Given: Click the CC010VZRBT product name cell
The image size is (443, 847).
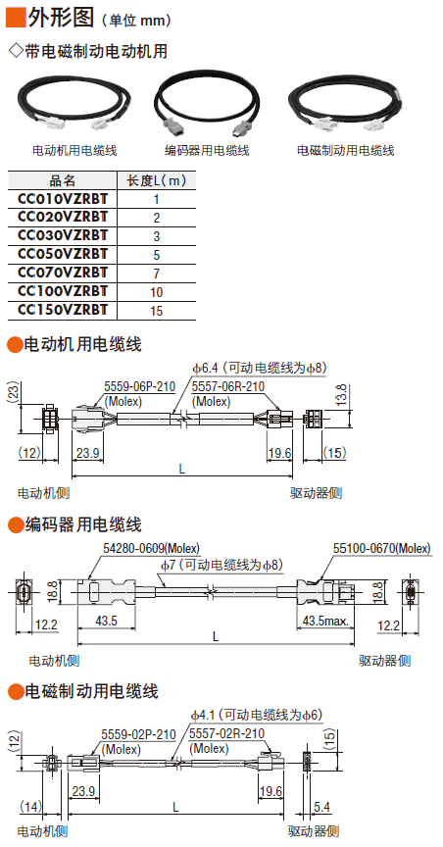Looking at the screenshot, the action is [63, 199].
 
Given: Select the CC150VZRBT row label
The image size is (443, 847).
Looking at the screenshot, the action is [63, 310].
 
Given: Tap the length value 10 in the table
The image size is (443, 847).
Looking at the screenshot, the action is [157, 292].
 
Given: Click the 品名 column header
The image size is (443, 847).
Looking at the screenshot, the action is [63, 180].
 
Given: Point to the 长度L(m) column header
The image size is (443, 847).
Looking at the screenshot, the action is [157, 180].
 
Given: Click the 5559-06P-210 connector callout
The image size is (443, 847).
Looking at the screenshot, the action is [139, 387].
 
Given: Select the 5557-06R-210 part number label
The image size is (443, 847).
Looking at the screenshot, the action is [228, 387].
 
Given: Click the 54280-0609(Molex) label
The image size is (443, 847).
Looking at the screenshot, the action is [151, 548].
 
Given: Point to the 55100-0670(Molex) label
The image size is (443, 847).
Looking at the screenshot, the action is [382, 548].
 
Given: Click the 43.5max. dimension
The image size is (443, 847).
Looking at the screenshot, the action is [325, 622].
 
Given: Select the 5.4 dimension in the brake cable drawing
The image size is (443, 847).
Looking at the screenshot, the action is [322, 807].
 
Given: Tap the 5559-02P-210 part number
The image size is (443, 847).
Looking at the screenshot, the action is [139, 735].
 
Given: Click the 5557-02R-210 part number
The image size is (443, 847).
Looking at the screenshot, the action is [227, 733].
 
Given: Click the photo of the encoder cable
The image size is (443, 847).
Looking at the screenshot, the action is [207, 107].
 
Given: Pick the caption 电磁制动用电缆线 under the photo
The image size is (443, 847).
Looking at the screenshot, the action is [346, 151].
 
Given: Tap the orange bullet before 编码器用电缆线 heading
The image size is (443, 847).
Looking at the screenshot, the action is [15, 523].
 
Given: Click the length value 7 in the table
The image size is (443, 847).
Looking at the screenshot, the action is [157, 274].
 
